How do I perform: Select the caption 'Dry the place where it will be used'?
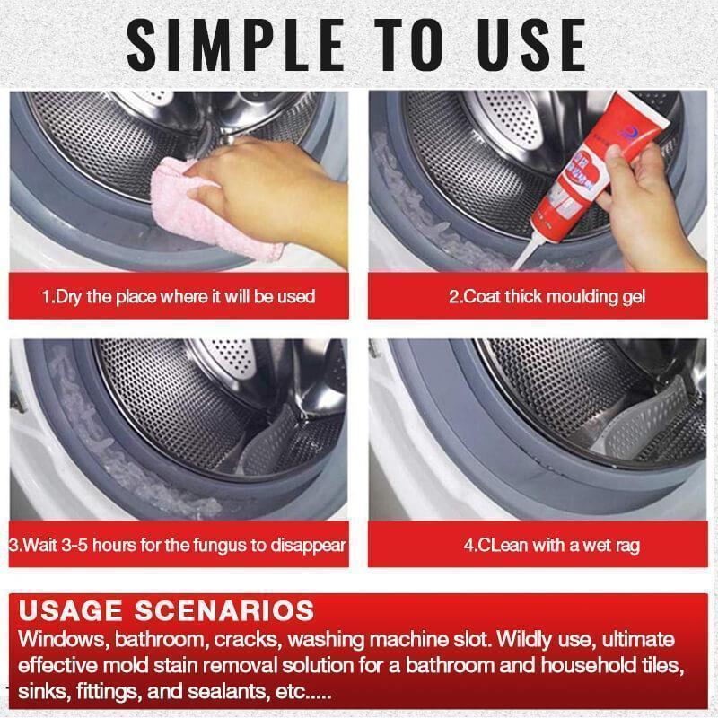click(x=179, y=295)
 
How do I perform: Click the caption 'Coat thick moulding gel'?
click(x=547, y=295)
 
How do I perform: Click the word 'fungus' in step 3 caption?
click(x=219, y=545)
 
